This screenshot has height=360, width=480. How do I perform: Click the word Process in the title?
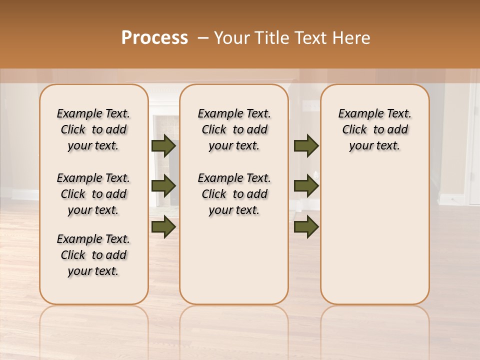point(154,37)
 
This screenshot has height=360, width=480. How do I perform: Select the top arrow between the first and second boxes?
point(163,145)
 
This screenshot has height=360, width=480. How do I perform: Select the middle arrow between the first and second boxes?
point(163,186)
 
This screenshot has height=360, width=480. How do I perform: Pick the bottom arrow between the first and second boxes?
point(163,227)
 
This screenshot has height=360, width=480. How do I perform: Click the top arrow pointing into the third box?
point(306,145)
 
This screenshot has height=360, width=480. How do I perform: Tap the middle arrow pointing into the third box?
point(306,186)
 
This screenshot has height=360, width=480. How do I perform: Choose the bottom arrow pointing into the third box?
point(306,227)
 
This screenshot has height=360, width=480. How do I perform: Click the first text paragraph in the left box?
point(93,129)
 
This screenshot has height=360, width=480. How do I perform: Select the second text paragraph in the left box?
point(93,194)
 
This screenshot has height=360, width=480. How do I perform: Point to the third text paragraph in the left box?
point(93,255)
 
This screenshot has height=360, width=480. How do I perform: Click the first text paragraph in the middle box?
point(234,129)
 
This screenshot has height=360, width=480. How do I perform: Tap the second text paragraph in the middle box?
point(234,194)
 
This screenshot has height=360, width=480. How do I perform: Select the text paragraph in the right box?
point(374,129)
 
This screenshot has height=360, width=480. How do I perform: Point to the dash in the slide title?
point(203,38)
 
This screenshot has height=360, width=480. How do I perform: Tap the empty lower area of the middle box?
point(234,260)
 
